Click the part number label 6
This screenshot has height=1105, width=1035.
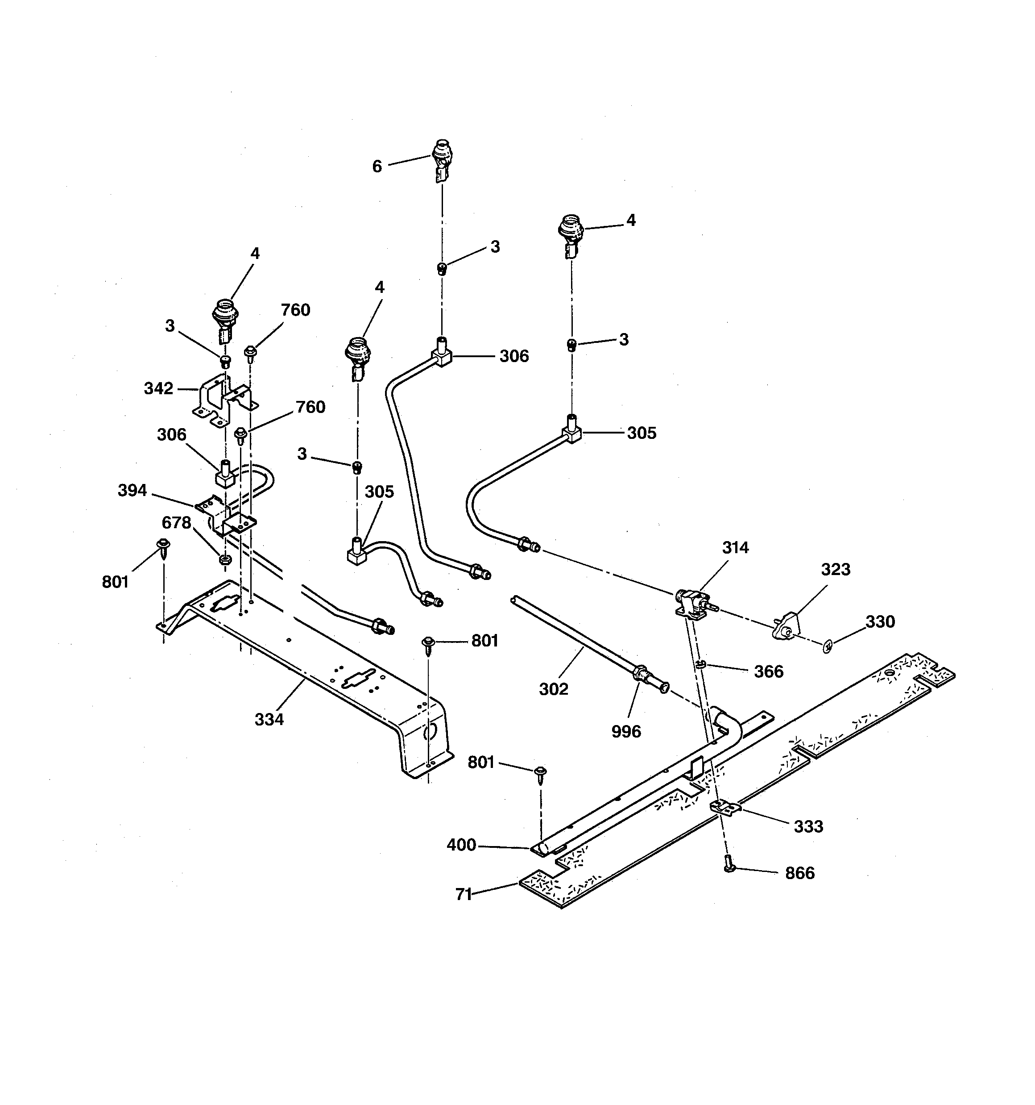click(x=377, y=167)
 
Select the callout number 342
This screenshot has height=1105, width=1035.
click(x=158, y=388)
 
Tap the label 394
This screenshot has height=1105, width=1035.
click(x=132, y=490)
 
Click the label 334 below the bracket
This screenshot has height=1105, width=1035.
click(x=269, y=719)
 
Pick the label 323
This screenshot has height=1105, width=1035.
click(x=836, y=569)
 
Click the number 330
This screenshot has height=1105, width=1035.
click(x=880, y=621)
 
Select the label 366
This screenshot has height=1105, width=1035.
click(x=768, y=671)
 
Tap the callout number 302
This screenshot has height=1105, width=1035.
click(x=554, y=689)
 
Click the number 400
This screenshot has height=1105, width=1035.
click(x=461, y=845)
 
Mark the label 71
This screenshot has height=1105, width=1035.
click(x=464, y=894)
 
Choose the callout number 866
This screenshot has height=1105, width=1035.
click(x=799, y=873)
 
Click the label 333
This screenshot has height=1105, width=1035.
click(x=808, y=826)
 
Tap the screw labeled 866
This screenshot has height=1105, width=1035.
click(x=730, y=865)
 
